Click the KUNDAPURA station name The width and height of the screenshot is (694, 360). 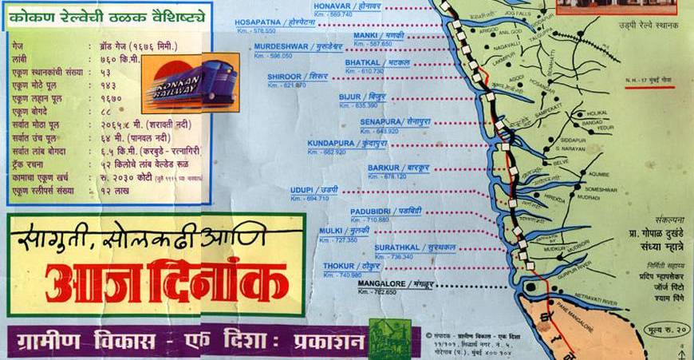[330, 143]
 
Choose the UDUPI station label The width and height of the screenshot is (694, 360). [305, 189]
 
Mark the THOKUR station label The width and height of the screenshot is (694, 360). [339, 266]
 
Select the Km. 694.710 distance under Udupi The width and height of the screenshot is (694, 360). [310, 198]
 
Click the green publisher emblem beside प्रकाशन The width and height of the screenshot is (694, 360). [390, 338]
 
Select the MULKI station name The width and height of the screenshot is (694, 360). [331, 230]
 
